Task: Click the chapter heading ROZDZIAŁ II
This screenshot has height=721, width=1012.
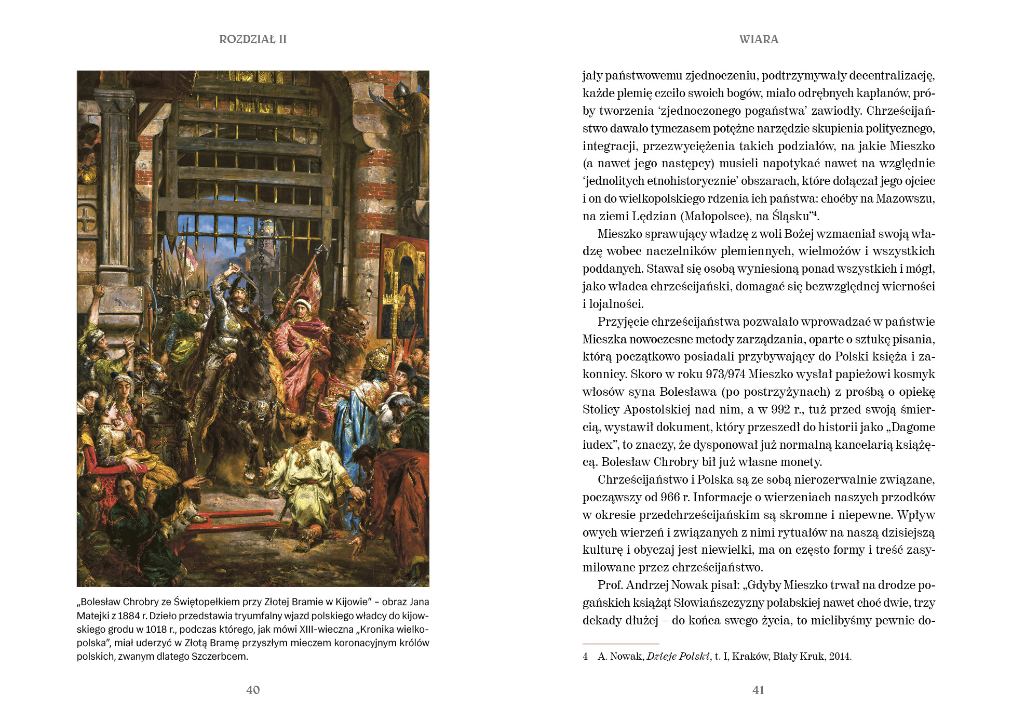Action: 252,39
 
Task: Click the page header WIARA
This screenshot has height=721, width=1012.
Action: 759,39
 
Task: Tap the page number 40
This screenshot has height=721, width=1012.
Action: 253,690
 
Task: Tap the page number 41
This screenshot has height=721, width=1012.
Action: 758,690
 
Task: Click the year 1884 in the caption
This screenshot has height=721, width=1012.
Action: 129,616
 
